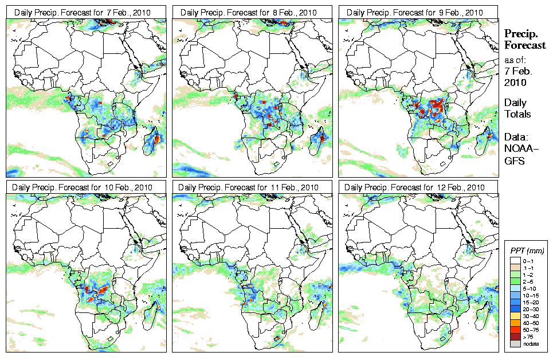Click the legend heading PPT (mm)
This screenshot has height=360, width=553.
pos(527,251)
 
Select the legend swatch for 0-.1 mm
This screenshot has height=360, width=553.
pos(515,260)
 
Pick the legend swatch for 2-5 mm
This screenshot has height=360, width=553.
pos(515,281)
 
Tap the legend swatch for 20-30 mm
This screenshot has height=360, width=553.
pos(515,309)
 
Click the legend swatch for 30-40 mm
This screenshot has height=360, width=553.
pos(515,316)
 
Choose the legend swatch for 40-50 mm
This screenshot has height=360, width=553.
pos(515,323)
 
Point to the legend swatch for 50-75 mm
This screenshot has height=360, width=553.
pos(515,330)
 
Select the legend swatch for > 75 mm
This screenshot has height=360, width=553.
pos(515,336)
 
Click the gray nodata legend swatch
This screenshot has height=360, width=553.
pos(515,344)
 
